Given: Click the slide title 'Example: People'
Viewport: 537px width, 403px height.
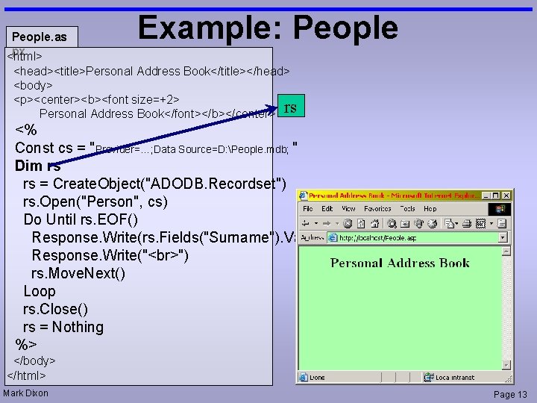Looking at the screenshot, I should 268,28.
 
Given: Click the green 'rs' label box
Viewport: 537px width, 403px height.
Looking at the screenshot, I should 290,107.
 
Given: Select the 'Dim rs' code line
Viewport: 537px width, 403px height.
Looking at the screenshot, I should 38,166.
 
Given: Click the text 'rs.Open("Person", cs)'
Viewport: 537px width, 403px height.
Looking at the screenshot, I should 95,201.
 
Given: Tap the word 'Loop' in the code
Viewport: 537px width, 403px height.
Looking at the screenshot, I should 40,291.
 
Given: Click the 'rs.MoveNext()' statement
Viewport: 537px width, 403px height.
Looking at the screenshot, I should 78,273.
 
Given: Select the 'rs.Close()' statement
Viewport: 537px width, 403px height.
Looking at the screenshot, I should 56,309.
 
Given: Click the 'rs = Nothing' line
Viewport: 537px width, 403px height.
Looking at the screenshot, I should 63,327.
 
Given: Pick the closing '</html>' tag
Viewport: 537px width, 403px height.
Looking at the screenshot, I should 27,375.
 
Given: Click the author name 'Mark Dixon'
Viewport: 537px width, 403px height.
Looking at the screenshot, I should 26,393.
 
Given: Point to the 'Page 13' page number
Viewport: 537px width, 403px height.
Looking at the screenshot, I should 510,394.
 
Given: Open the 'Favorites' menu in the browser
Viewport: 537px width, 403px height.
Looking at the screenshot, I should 377,209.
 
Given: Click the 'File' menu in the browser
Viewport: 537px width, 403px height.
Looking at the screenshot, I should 308,209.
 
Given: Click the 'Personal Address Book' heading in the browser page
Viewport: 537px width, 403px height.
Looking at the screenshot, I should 400,263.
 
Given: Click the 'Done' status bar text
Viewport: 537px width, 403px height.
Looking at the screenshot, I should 318,378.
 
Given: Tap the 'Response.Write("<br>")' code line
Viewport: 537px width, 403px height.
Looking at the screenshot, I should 110,255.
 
